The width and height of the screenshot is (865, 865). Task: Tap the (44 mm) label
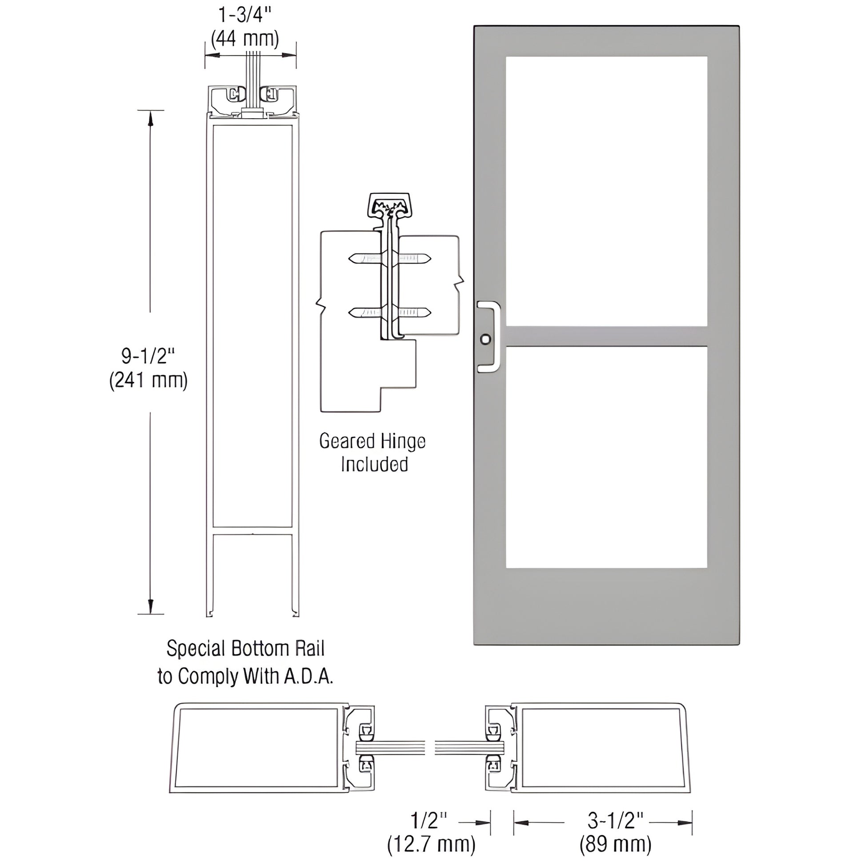(244, 40)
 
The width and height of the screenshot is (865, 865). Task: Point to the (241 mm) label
(148, 380)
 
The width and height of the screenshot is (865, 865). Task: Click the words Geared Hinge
(372, 441)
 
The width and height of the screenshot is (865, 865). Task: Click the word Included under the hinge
(374, 465)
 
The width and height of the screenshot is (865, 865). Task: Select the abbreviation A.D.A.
(308, 677)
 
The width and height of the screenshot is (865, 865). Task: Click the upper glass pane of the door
(606, 191)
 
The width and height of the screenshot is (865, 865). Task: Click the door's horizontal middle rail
(606, 336)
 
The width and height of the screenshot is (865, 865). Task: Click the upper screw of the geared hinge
(389, 258)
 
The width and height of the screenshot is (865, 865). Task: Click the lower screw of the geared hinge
(389, 312)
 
